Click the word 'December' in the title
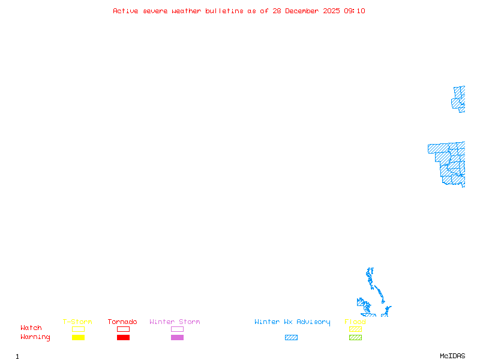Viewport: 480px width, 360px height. click(304, 11)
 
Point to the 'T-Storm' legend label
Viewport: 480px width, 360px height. click(77, 322)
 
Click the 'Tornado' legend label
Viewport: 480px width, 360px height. click(122, 322)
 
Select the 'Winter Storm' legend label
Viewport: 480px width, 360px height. click(175, 322)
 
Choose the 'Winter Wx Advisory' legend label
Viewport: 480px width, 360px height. click(292, 322)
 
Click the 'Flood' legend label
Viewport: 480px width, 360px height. click(355, 322)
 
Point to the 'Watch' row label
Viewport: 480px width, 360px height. click(31, 328)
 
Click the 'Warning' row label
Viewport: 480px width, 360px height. click(35, 337)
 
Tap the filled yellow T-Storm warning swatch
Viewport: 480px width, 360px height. click(78, 337)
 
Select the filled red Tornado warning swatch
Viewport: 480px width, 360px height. click(123, 337)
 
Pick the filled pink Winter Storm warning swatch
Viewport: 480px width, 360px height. click(177, 337)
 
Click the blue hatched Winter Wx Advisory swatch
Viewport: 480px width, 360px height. click(291, 337)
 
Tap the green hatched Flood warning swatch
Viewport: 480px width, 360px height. click(355, 337)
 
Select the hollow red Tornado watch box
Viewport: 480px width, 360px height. click(123, 329)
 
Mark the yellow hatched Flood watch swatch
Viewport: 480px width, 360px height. click(355, 329)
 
